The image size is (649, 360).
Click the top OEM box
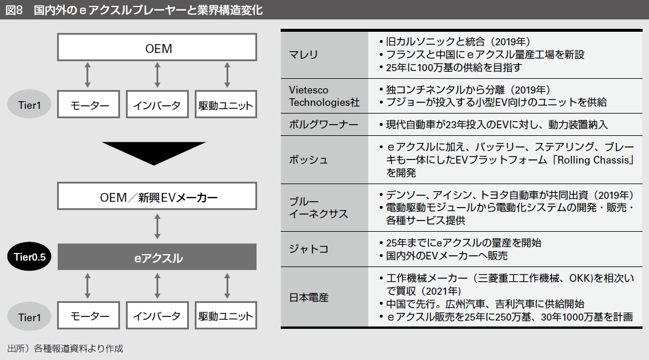click(158, 48)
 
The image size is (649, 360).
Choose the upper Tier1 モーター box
click(89, 106)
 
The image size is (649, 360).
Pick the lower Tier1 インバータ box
click(157, 315)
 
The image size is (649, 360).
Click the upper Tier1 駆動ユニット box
click(226, 106)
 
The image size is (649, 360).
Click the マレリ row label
click(304, 55)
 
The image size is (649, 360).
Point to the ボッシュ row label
click(308, 160)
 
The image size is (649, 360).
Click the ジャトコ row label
click(308, 249)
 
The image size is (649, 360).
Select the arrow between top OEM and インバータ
click(157, 76)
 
